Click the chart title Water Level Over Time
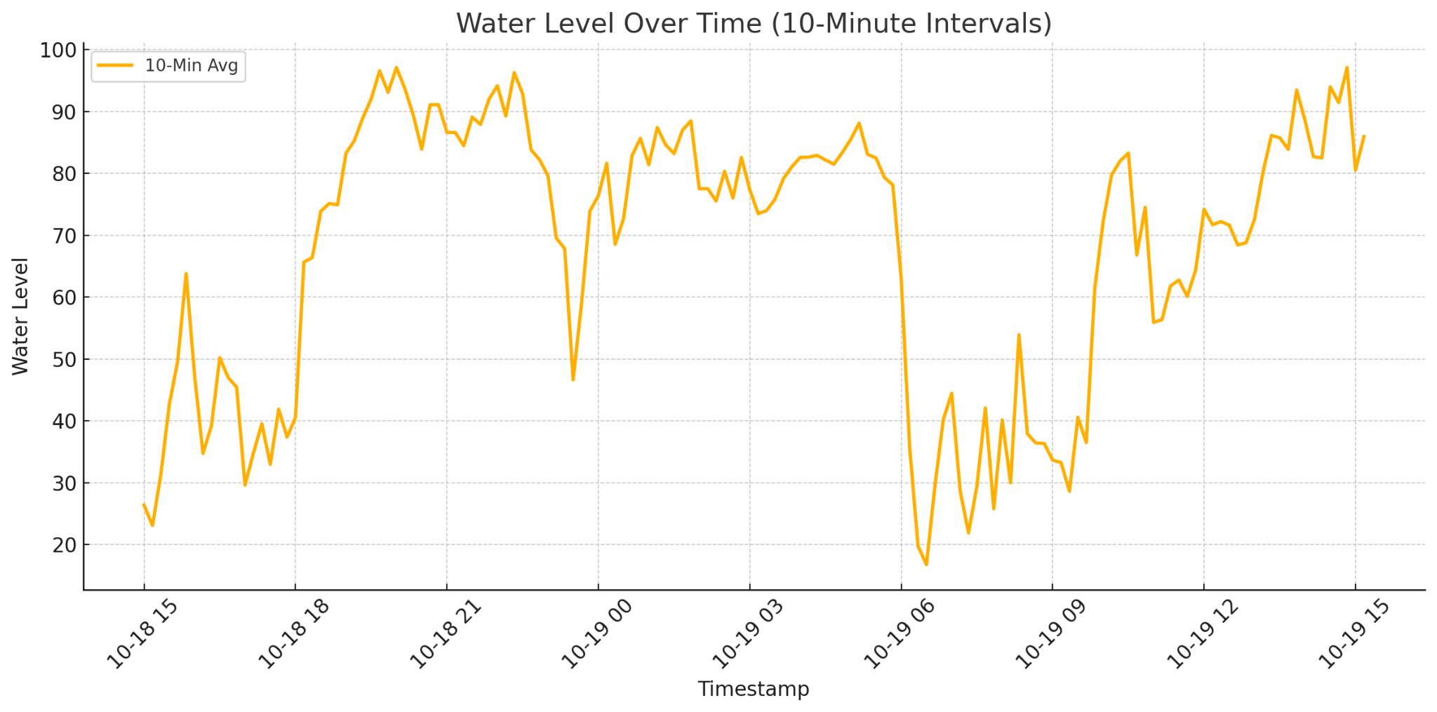pyautogui.click(x=754, y=24)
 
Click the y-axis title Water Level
pyautogui.click(x=20, y=316)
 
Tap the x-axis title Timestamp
pyautogui.click(x=753, y=689)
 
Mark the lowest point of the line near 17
pyautogui.click(x=926, y=565)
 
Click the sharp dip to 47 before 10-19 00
pyautogui.click(x=573, y=379)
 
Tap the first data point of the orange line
pyautogui.click(x=144, y=504)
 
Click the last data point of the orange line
pyautogui.click(x=1364, y=136)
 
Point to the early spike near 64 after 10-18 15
pyautogui.click(x=186, y=274)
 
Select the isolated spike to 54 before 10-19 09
pyautogui.click(x=1019, y=335)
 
